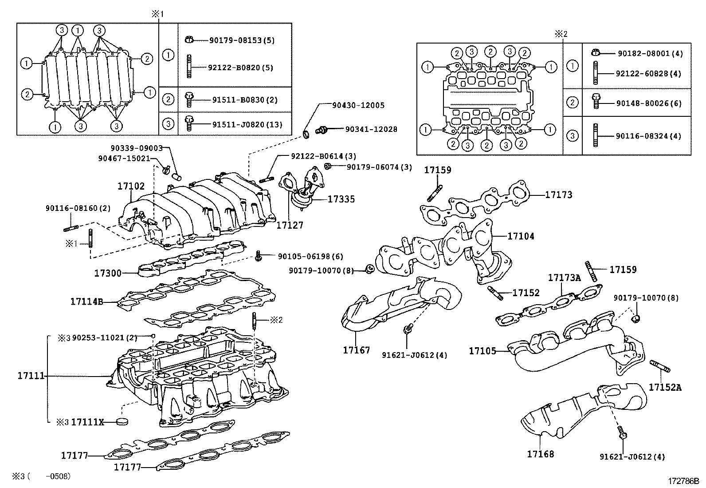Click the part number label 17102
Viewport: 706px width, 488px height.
coord(131,186)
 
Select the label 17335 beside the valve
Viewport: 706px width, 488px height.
coord(341,199)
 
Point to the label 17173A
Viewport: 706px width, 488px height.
coord(564,278)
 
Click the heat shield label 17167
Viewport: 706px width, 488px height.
coord(356,350)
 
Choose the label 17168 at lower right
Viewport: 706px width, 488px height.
coord(540,454)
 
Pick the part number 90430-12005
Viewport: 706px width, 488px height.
coord(358,105)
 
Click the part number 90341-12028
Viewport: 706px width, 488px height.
coord(371,129)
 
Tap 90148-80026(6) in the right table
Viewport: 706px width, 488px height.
coord(649,103)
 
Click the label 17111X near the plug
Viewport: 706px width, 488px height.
coord(87,422)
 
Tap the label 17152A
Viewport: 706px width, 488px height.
coord(665,387)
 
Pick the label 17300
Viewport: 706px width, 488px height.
coord(108,273)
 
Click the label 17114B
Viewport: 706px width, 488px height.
coord(86,302)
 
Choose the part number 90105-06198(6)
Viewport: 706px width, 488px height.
coord(310,256)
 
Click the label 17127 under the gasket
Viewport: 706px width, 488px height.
coord(290,225)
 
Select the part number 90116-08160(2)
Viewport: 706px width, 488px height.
coord(78,208)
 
